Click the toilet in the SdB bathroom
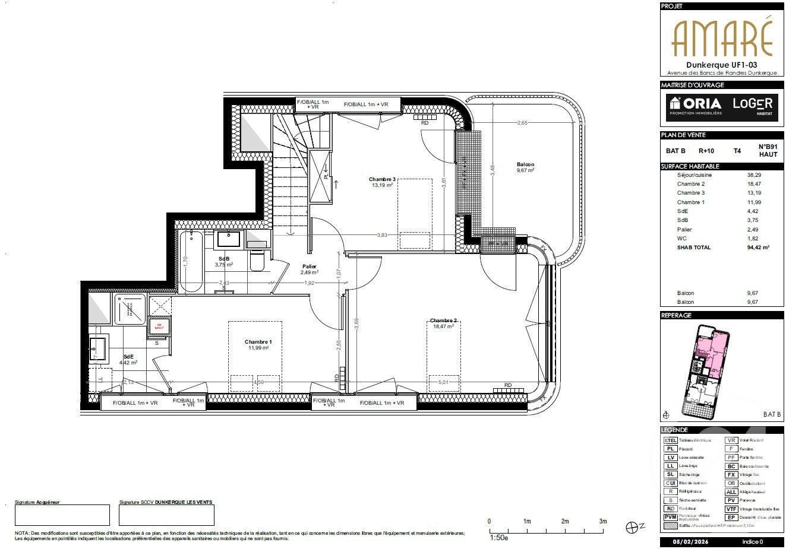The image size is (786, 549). (257, 261)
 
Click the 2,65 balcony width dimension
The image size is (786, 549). (522, 123)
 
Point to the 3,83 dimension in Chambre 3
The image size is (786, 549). (382, 235)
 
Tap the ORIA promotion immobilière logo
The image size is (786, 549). (693, 105)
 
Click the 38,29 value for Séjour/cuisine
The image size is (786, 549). (754, 175)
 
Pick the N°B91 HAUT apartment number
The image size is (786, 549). (767, 150)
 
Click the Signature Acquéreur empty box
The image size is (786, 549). (62, 515)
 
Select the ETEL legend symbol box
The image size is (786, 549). (670, 440)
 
